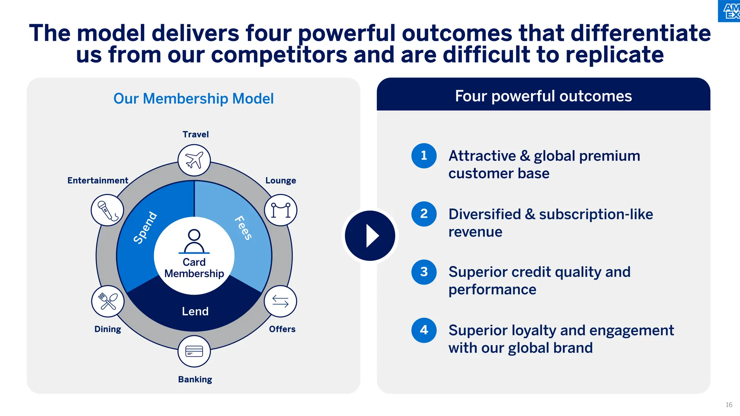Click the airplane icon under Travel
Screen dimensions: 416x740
[x=194, y=160]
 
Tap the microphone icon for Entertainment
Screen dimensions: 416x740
[x=107, y=210]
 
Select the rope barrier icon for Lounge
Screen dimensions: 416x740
[x=281, y=210]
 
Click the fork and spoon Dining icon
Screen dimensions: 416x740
[x=108, y=301]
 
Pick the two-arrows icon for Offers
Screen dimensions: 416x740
[x=280, y=301]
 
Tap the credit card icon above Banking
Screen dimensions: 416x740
[x=194, y=351]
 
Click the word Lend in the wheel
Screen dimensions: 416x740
[x=195, y=311]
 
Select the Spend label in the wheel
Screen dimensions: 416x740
[x=145, y=227]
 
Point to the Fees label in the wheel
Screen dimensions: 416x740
[x=243, y=227]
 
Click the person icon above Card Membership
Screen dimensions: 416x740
[x=194, y=241]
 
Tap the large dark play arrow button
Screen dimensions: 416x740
[x=370, y=236]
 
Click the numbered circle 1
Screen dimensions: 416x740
[x=424, y=156]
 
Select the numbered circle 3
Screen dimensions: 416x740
[x=424, y=272]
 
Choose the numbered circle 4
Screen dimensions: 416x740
[x=424, y=330]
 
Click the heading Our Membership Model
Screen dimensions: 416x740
[x=193, y=99]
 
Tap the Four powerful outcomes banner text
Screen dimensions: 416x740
[x=543, y=96]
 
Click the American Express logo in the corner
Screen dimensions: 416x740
[x=730, y=11]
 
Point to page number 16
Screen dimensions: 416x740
[x=729, y=405]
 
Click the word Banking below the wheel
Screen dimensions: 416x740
[x=195, y=379]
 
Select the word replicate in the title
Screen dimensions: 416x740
[x=614, y=55]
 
